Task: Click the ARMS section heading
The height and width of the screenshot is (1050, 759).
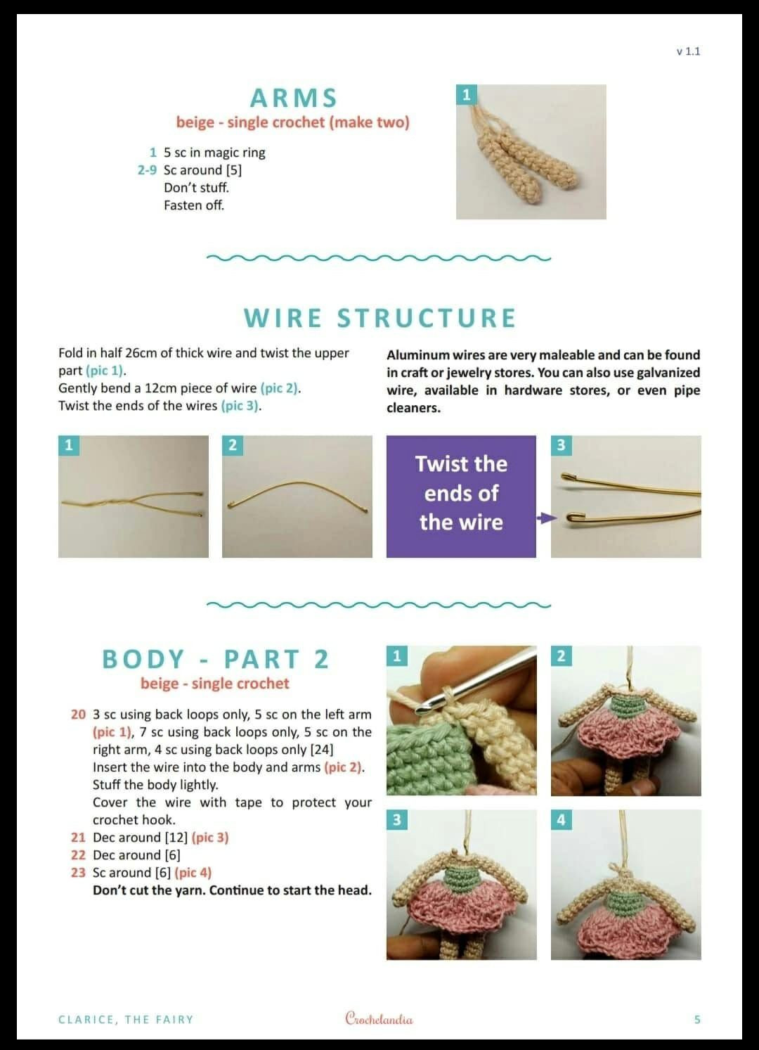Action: pyautogui.click(x=293, y=98)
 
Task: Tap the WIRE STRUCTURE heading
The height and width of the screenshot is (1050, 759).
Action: pyautogui.click(x=379, y=318)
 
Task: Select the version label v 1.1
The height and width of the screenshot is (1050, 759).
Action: pyautogui.click(x=688, y=51)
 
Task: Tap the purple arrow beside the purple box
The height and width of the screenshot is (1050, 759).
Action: pyautogui.click(x=547, y=518)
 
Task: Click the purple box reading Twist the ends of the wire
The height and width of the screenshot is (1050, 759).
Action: pyautogui.click(x=461, y=497)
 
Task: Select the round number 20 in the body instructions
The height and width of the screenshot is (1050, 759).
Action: pyautogui.click(x=78, y=715)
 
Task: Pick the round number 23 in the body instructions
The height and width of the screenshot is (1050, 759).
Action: pyautogui.click(x=78, y=872)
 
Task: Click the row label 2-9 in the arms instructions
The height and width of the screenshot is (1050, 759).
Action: pyautogui.click(x=147, y=169)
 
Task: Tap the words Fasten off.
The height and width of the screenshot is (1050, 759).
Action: pyautogui.click(x=194, y=205)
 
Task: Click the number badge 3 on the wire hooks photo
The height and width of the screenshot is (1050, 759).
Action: pyautogui.click(x=561, y=445)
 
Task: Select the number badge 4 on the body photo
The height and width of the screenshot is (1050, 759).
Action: pyautogui.click(x=561, y=819)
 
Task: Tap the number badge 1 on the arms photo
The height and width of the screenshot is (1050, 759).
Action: pyautogui.click(x=466, y=94)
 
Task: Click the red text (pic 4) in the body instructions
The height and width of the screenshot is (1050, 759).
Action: pyautogui.click(x=193, y=872)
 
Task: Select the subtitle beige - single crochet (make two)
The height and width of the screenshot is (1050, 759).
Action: pyautogui.click(x=293, y=122)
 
